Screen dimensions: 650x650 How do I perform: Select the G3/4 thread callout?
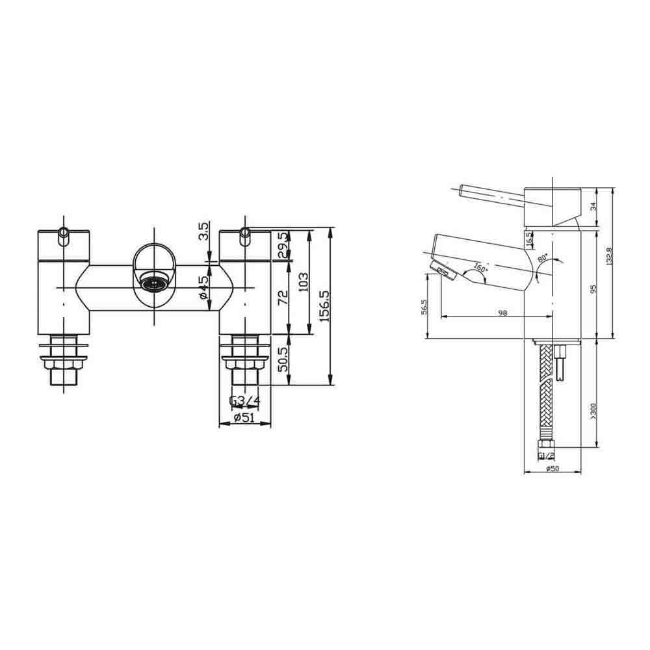[x=244, y=401]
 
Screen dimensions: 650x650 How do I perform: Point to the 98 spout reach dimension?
[x=502, y=313]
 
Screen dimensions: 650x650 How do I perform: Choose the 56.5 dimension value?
[x=424, y=307]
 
